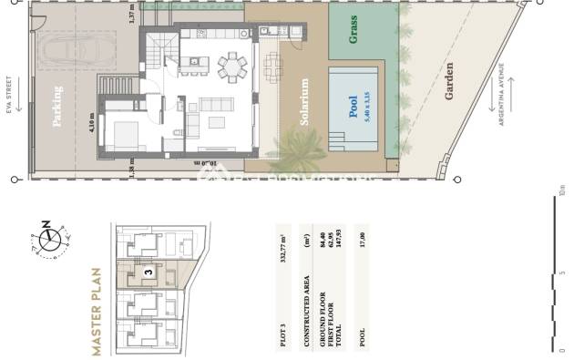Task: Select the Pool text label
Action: click(x=354, y=107)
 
